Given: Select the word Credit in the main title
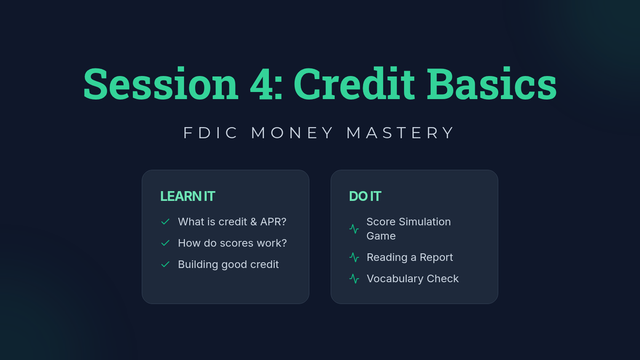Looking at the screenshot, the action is (x=354, y=83).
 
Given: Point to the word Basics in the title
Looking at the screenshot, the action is (x=492, y=83).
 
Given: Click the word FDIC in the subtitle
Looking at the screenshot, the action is (x=211, y=133).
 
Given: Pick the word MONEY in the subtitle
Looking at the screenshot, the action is (x=292, y=133).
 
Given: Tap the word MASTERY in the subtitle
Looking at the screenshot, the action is (x=400, y=133).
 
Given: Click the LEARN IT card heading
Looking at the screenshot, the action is (x=188, y=196).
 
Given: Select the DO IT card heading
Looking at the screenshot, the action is (x=365, y=196).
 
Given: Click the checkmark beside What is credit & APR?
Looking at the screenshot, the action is (x=165, y=222).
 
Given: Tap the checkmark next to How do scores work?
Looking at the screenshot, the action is (x=165, y=243).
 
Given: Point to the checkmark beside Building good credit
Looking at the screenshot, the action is (x=165, y=265).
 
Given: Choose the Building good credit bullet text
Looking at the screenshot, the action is (x=228, y=265).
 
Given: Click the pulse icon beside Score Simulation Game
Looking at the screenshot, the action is (x=354, y=229).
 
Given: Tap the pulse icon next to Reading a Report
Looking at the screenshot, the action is (x=354, y=258).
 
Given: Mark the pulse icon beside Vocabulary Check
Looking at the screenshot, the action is (x=354, y=279).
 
